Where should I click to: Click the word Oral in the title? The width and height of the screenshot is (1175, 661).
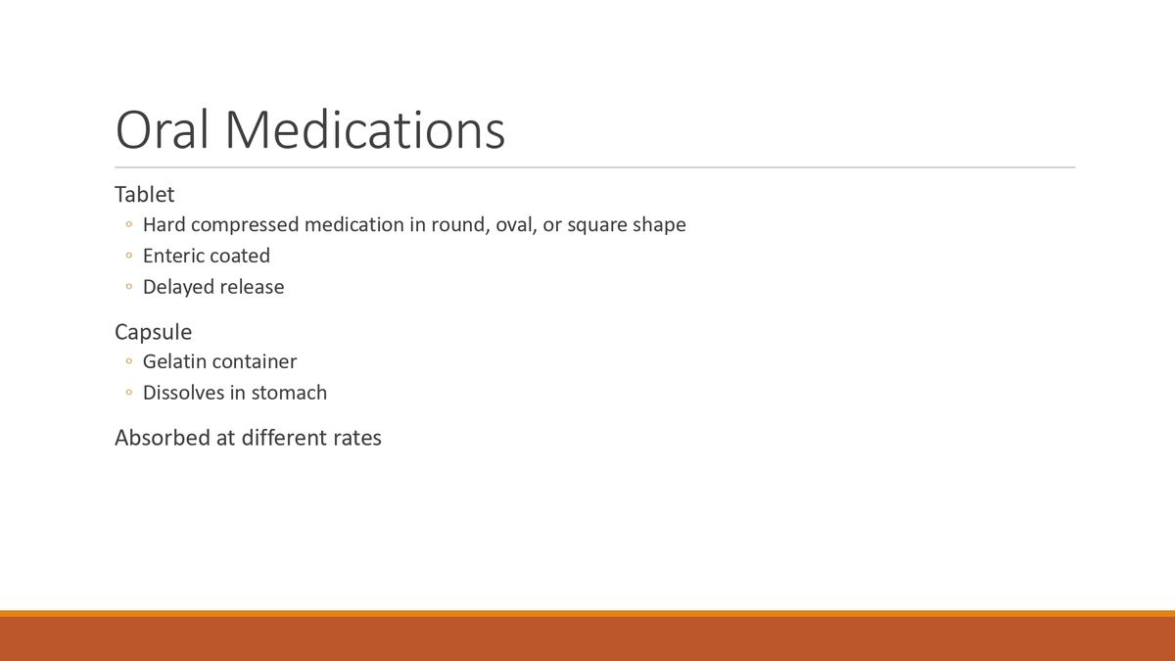[162, 129]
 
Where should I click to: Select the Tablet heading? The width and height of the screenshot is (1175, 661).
[144, 194]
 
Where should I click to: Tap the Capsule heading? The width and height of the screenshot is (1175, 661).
[153, 331]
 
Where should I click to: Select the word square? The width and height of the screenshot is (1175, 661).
[596, 225]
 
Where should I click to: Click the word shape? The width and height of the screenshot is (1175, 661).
[659, 225]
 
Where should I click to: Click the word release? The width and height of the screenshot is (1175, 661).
[252, 287]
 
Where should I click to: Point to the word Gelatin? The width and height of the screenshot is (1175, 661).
[174, 361]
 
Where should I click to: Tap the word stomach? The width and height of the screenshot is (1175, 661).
[289, 393]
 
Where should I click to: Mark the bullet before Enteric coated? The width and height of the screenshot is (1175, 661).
[128, 257]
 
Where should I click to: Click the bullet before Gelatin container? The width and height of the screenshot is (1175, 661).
[128, 362]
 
